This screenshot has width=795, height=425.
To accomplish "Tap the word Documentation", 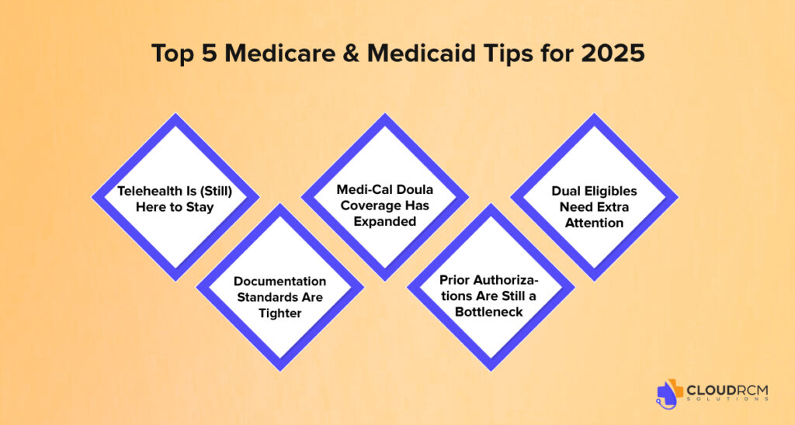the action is [279, 282].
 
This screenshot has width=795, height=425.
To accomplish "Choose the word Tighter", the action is [279, 313].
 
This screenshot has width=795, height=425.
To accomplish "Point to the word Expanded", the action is [385, 221].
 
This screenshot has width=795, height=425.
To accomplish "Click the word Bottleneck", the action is [489, 312].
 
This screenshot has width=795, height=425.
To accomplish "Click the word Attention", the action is [594, 223].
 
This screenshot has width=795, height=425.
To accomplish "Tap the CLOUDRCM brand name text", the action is [727, 390].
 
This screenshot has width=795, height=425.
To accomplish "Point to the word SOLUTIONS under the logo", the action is [727, 399].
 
